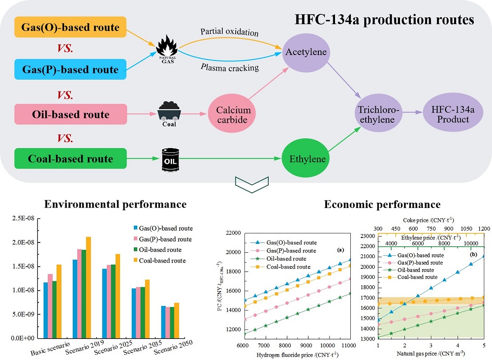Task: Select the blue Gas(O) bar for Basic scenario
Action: (x=46, y=310)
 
